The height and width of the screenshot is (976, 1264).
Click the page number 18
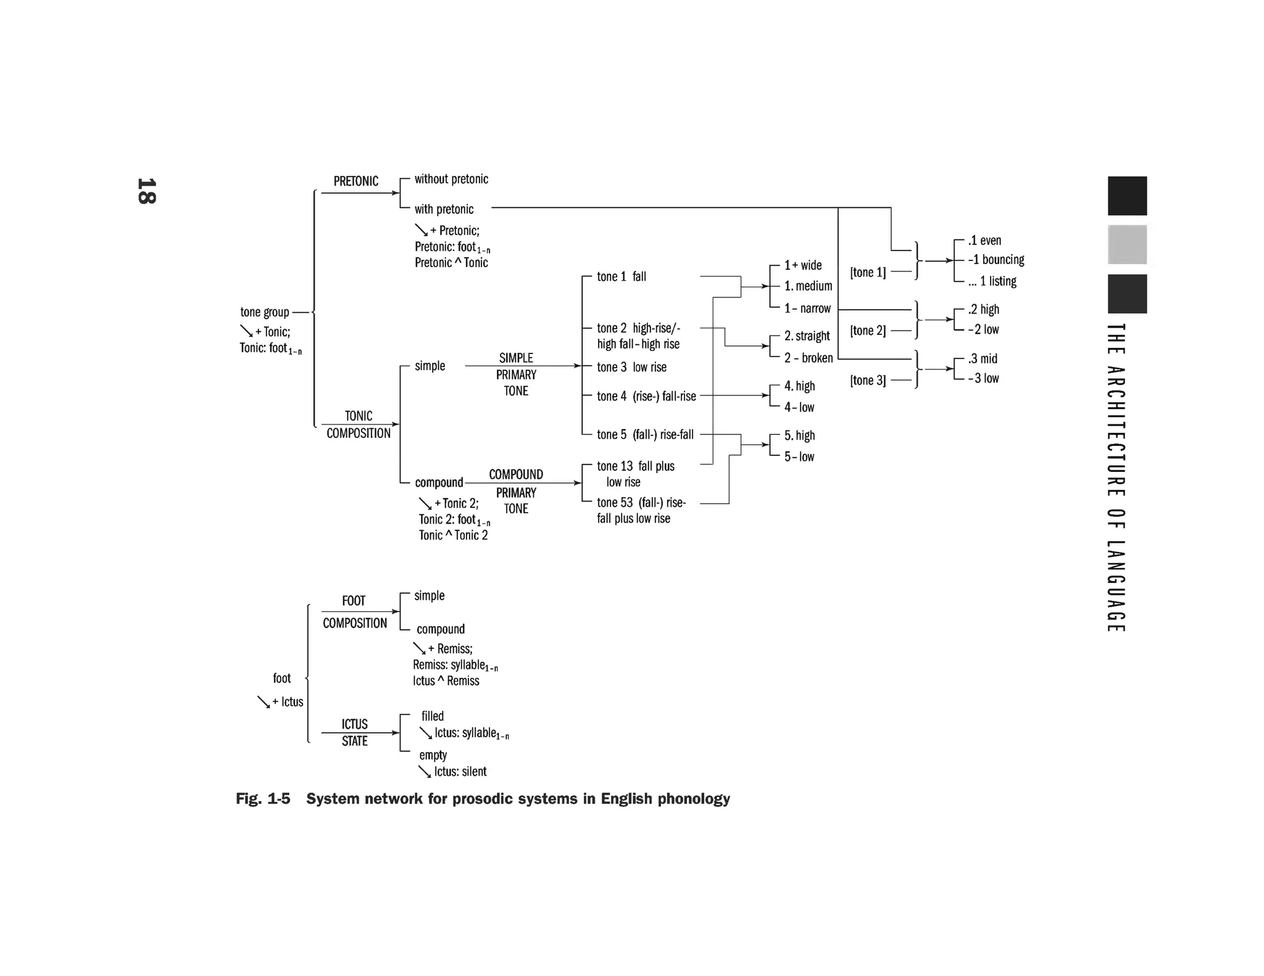coord(147,191)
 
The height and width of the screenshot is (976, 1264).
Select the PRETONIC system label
coord(355,181)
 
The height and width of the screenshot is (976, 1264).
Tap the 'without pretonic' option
coord(451,180)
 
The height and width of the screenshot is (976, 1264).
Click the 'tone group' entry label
coord(264,312)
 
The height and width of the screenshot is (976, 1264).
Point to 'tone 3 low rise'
coord(631,368)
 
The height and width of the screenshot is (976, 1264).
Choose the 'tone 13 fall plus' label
coord(635,466)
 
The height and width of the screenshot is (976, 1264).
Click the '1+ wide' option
coord(802,265)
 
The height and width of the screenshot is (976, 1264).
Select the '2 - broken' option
coord(808,358)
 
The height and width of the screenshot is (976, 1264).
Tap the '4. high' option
coord(799,386)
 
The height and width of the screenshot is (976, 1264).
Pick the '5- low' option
coord(799,457)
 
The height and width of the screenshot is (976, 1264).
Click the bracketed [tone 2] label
coord(867,331)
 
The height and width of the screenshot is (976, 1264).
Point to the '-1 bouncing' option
coord(996,260)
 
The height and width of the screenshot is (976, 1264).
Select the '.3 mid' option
coord(983,359)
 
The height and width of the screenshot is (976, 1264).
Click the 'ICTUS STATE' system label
coord(354,732)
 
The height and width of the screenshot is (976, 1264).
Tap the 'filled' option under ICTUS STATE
coord(432,716)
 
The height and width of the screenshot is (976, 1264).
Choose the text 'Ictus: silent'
coord(460,772)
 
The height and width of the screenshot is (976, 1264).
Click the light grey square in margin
coord(1127,244)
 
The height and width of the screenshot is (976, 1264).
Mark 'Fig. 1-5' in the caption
coord(262,799)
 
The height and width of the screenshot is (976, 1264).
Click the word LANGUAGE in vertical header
coord(1115,586)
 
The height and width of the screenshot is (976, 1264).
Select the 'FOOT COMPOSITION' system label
coord(354,612)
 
